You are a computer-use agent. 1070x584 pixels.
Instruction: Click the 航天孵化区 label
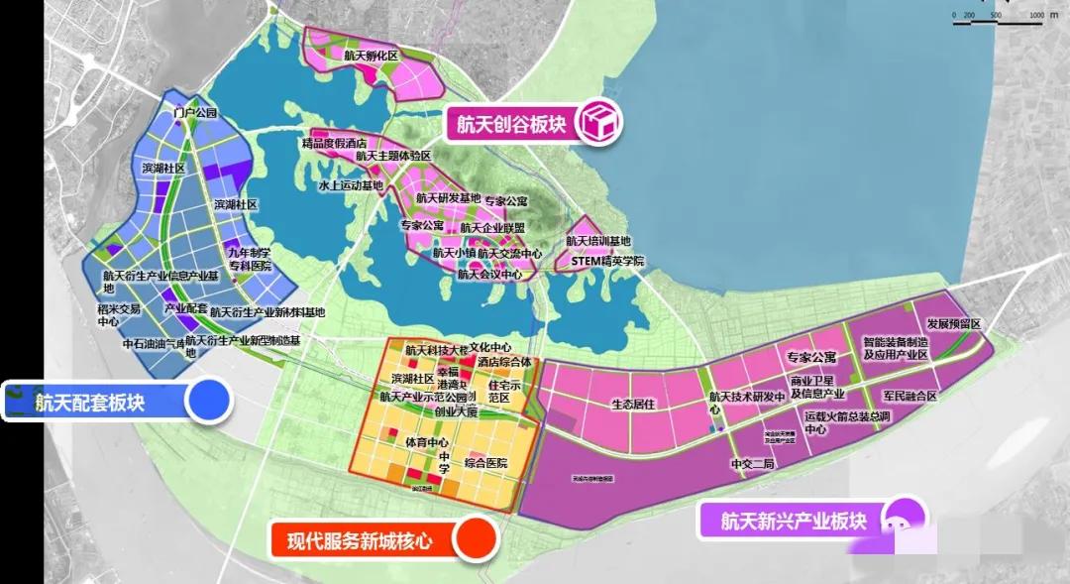(371, 56)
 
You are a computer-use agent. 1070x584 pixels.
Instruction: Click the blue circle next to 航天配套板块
(209, 402)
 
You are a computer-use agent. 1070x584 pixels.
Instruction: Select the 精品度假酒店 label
(334, 144)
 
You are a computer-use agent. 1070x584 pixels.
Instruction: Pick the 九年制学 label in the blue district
(248, 253)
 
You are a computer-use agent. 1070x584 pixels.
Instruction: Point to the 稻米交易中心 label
(119, 315)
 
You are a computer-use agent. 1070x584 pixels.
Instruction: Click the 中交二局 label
(750, 463)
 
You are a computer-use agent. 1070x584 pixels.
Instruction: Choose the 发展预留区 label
(953, 324)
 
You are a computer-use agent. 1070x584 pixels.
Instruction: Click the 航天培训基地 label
(598, 241)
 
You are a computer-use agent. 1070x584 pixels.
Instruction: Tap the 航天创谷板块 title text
(510, 124)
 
